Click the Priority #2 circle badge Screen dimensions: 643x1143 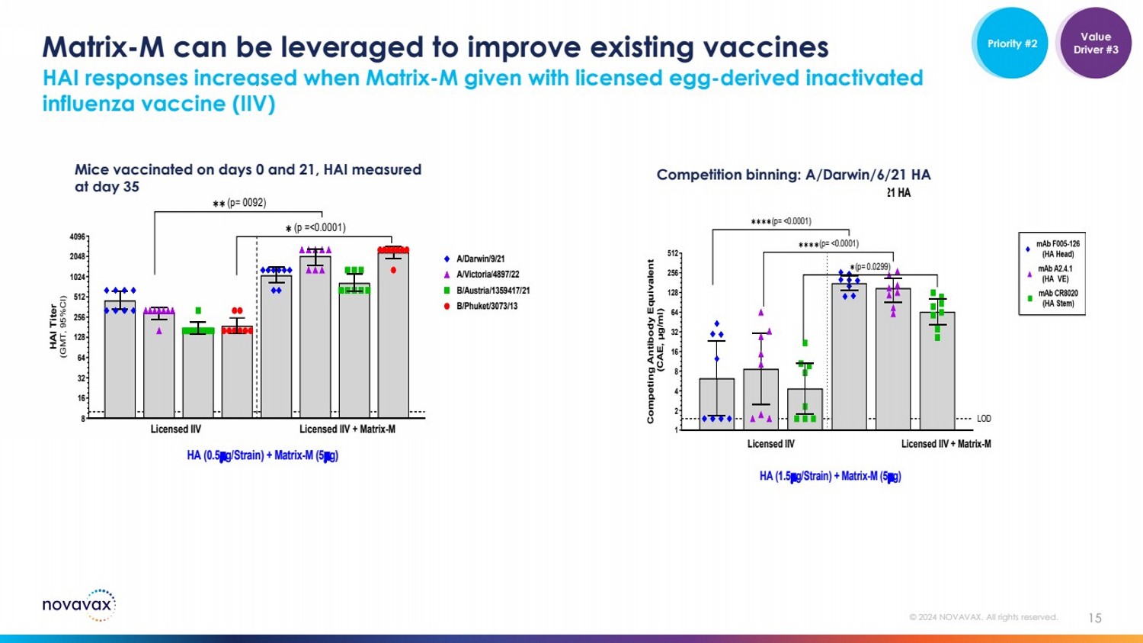1011,43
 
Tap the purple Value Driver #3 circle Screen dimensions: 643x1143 1095,43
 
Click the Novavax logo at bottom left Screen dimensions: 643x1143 78,605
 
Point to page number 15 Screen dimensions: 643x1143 1094,618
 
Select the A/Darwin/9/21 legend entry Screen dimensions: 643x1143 480,259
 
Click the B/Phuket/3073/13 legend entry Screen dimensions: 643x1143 486,306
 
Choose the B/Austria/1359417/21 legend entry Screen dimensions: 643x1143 492,291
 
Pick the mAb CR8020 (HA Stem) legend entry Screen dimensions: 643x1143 1058,298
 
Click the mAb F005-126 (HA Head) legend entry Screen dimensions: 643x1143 1058,249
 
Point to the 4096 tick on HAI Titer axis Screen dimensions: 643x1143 78,237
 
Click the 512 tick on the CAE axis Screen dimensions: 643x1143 673,253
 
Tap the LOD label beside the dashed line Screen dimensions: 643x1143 984,419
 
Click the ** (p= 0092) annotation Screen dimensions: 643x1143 239,204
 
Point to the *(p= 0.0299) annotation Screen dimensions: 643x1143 871,267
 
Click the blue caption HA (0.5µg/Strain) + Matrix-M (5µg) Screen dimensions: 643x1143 262,455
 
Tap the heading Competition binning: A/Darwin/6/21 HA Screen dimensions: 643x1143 793,175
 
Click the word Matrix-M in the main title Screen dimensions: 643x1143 103,47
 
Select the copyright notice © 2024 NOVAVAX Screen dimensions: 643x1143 983,617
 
